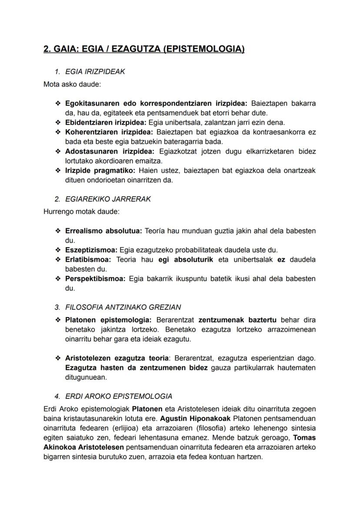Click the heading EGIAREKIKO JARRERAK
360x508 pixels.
[108, 199]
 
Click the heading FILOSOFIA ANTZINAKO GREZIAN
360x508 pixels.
[123, 307]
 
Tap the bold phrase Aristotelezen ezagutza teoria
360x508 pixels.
[117, 359]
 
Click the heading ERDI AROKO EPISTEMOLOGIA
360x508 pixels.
[118, 396]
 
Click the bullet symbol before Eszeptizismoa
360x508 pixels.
[58, 250]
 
